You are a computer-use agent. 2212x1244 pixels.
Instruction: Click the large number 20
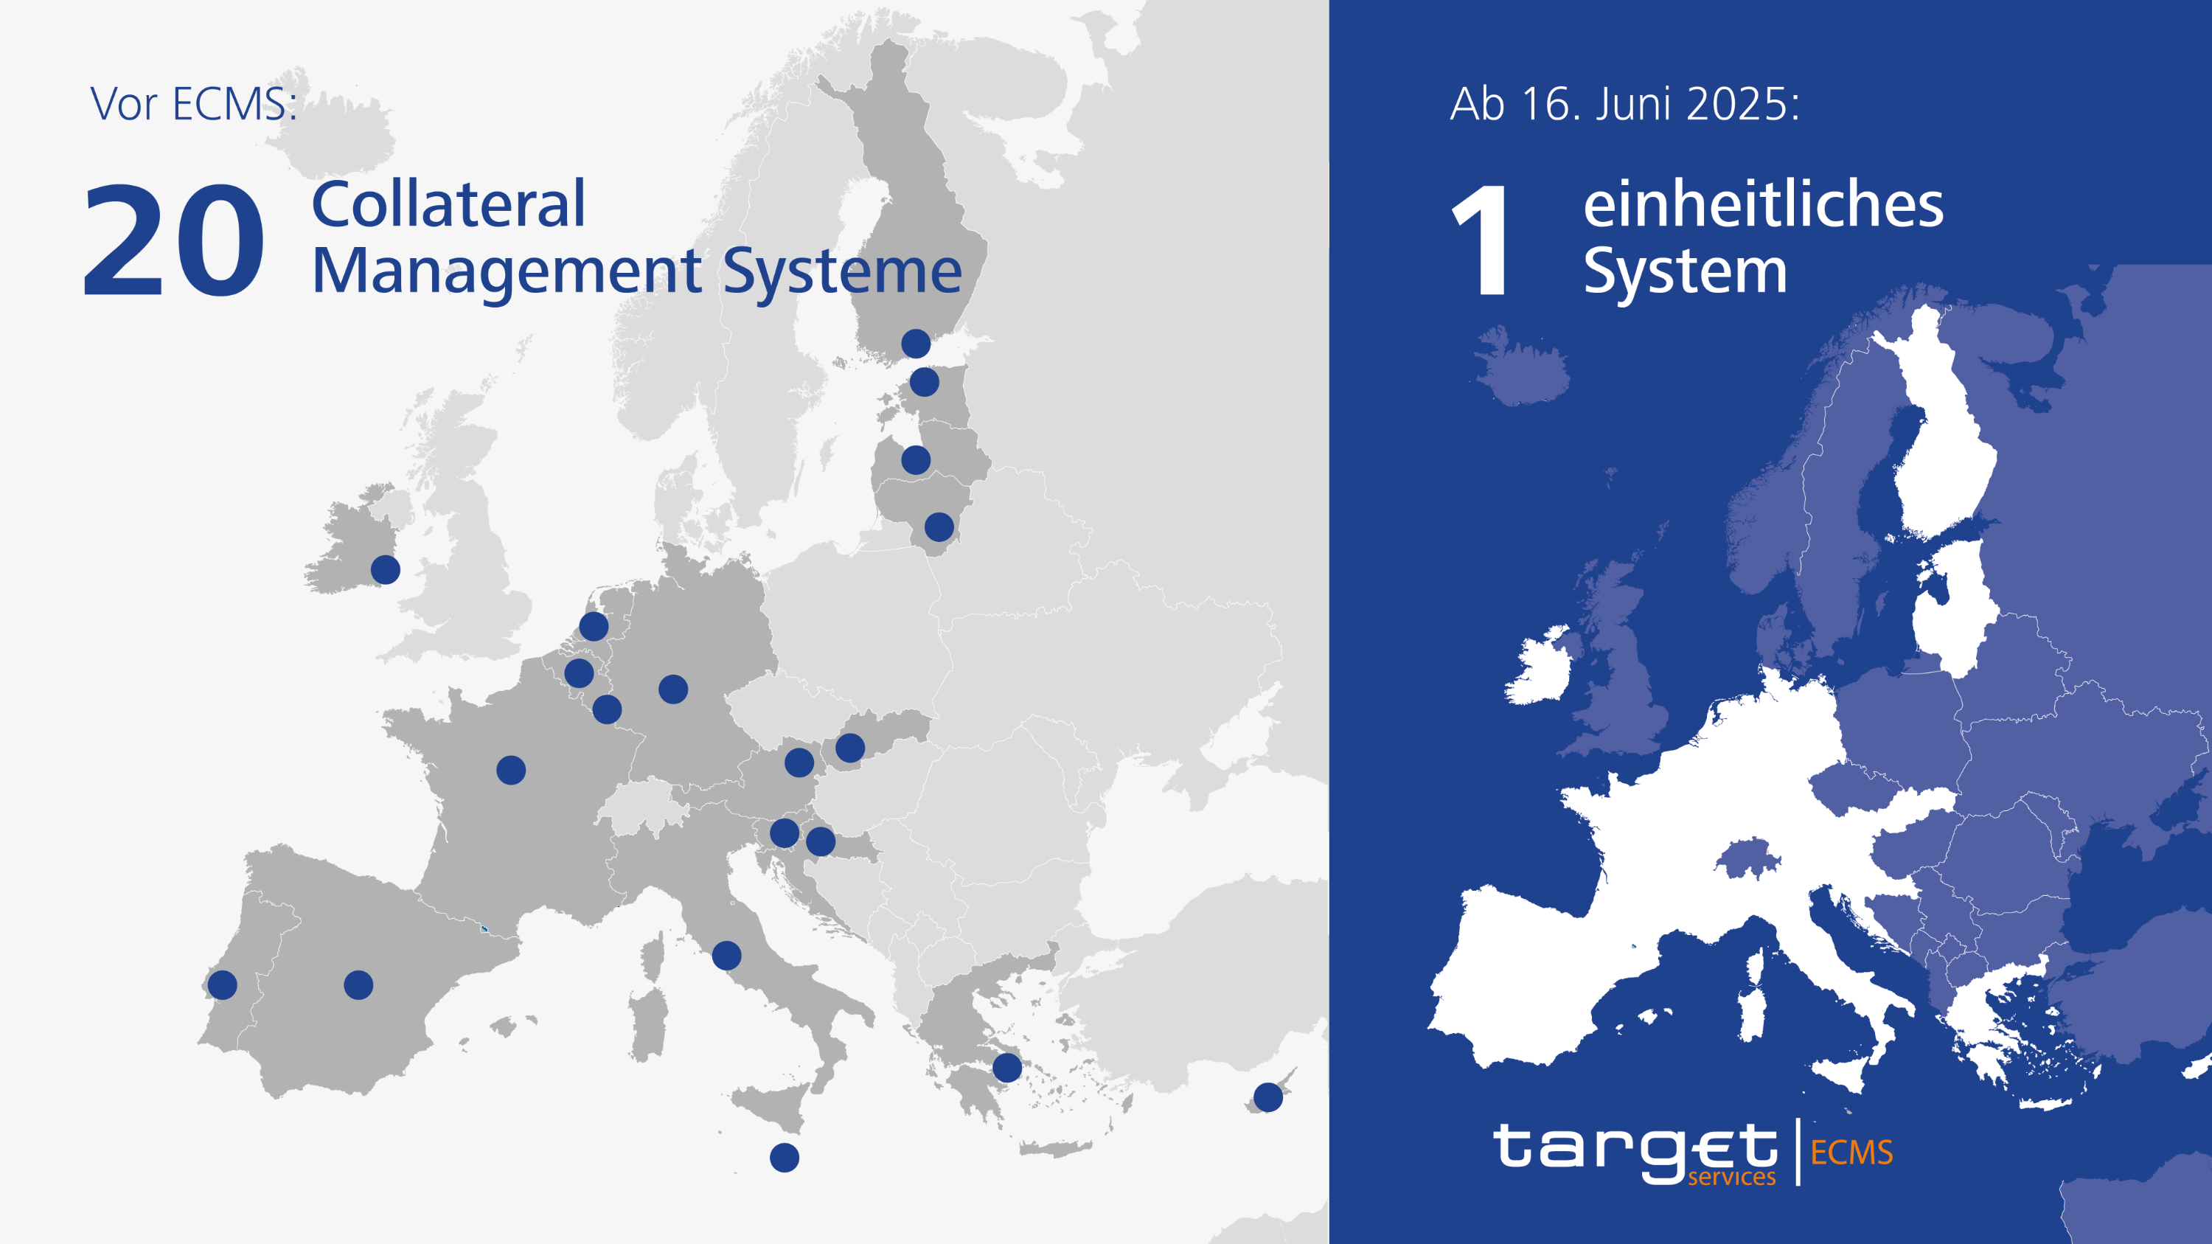pyautogui.click(x=173, y=241)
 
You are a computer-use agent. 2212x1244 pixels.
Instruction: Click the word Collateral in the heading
pyautogui.click(x=448, y=205)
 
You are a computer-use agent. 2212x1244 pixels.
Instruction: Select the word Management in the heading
pyautogui.click(x=507, y=271)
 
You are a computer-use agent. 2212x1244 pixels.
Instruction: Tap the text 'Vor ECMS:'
pyautogui.click(x=194, y=105)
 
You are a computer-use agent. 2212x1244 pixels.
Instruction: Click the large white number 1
pyautogui.click(x=1482, y=241)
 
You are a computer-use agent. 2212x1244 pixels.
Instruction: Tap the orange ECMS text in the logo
pyautogui.click(x=1851, y=1152)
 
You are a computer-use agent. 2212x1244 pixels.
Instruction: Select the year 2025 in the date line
pyautogui.click(x=1742, y=105)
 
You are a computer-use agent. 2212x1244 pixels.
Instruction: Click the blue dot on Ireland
pyautogui.click(x=386, y=569)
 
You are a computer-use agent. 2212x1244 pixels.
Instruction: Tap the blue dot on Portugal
pyautogui.click(x=223, y=984)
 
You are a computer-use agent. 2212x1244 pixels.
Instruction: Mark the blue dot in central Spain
pyautogui.click(x=358, y=984)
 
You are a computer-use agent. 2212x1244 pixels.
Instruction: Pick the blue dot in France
pyautogui.click(x=511, y=770)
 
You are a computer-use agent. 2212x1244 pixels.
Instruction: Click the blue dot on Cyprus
pyautogui.click(x=1268, y=1097)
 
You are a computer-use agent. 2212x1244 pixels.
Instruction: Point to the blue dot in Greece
pyautogui.click(x=1007, y=1068)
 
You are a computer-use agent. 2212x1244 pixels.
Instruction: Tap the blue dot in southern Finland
pyautogui.click(x=915, y=344)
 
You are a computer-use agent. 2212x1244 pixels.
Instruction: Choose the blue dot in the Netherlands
pyautogui.click(x=594, y=626)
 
